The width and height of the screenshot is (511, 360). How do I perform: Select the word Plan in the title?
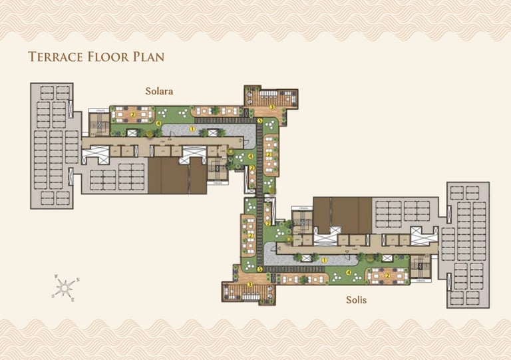[x=148, y=57]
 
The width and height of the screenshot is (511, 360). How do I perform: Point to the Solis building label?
[x=356, y=300]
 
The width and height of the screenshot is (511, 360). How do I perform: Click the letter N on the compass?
[x=78, y=279]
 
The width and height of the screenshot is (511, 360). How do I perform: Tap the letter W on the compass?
[x=57, y=276]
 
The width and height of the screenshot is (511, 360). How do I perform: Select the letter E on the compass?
[x=73, y=300]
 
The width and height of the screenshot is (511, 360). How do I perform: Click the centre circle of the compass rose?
[x=65, y=288]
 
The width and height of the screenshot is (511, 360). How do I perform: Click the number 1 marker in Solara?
[x=192, y=128]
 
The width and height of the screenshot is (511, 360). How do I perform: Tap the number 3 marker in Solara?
[x=271, y=106]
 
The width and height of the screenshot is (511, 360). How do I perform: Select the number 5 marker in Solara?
[x=259, y=120]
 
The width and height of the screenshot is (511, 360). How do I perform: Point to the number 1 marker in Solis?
[x=325, y=260]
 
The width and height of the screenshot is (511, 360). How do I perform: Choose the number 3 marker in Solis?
[x=249, y=285]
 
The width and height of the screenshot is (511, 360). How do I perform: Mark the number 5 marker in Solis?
[x=259, y=269]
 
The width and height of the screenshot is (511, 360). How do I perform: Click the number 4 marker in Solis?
[x=349, y=272]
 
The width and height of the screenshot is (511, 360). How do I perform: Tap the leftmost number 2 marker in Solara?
[x=133, y=114]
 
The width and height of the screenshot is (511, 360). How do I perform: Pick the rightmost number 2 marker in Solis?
[x=387, y=274]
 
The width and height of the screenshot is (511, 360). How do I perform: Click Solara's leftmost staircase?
[x=99, y=122]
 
